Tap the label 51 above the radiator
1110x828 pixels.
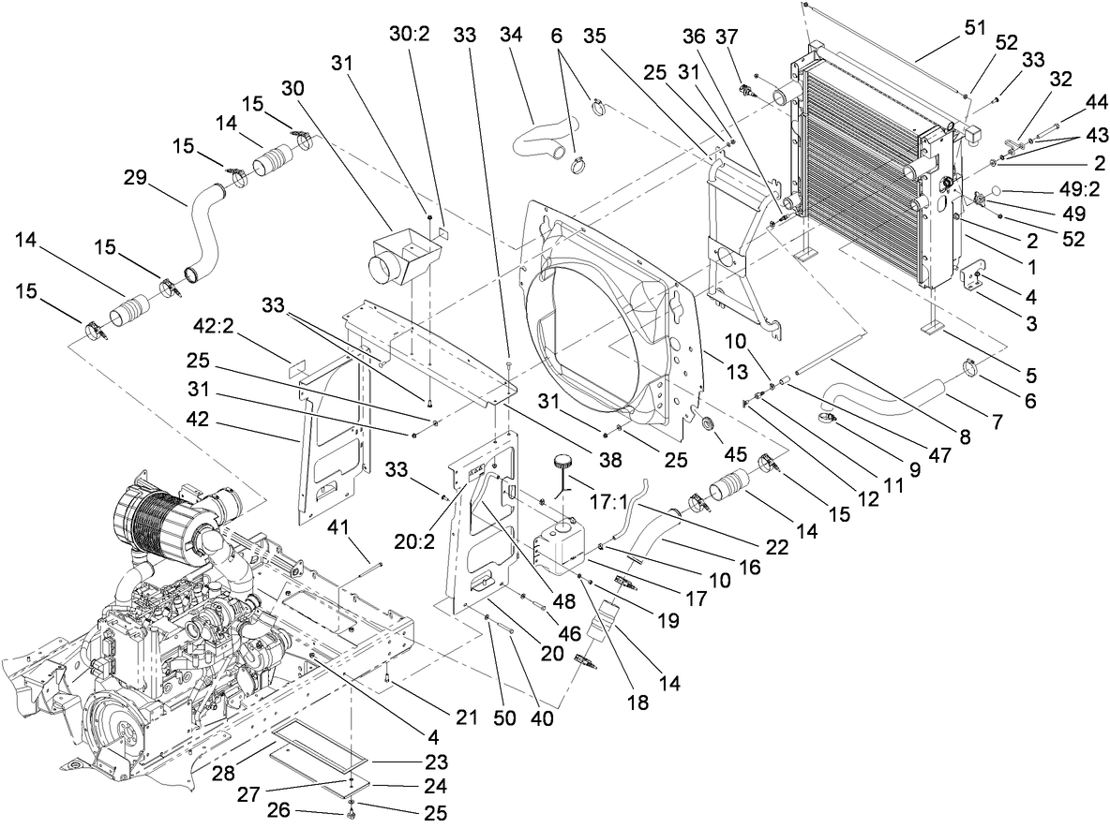(975, 27)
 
